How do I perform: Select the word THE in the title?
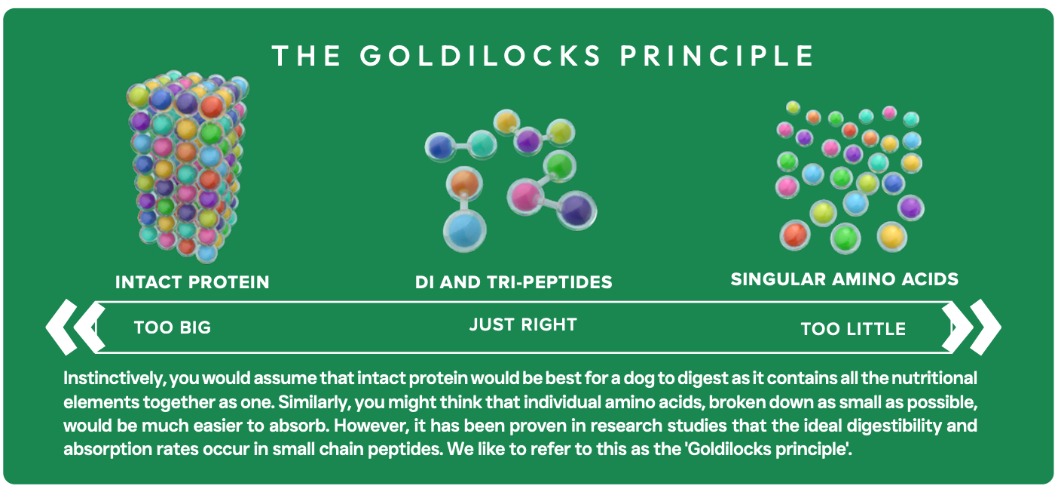(x=305, y=56)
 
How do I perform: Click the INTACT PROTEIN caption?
(x=192, y=282)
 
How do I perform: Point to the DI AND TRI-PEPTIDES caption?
(x=513, y=282)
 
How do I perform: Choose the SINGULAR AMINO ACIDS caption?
(x=844, y=279)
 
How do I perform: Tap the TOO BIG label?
(x=173, y=328)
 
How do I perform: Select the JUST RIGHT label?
(x=523, y=324)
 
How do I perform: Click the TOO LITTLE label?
(x=853, y=329)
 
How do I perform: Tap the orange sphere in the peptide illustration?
(x=465, y=183)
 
